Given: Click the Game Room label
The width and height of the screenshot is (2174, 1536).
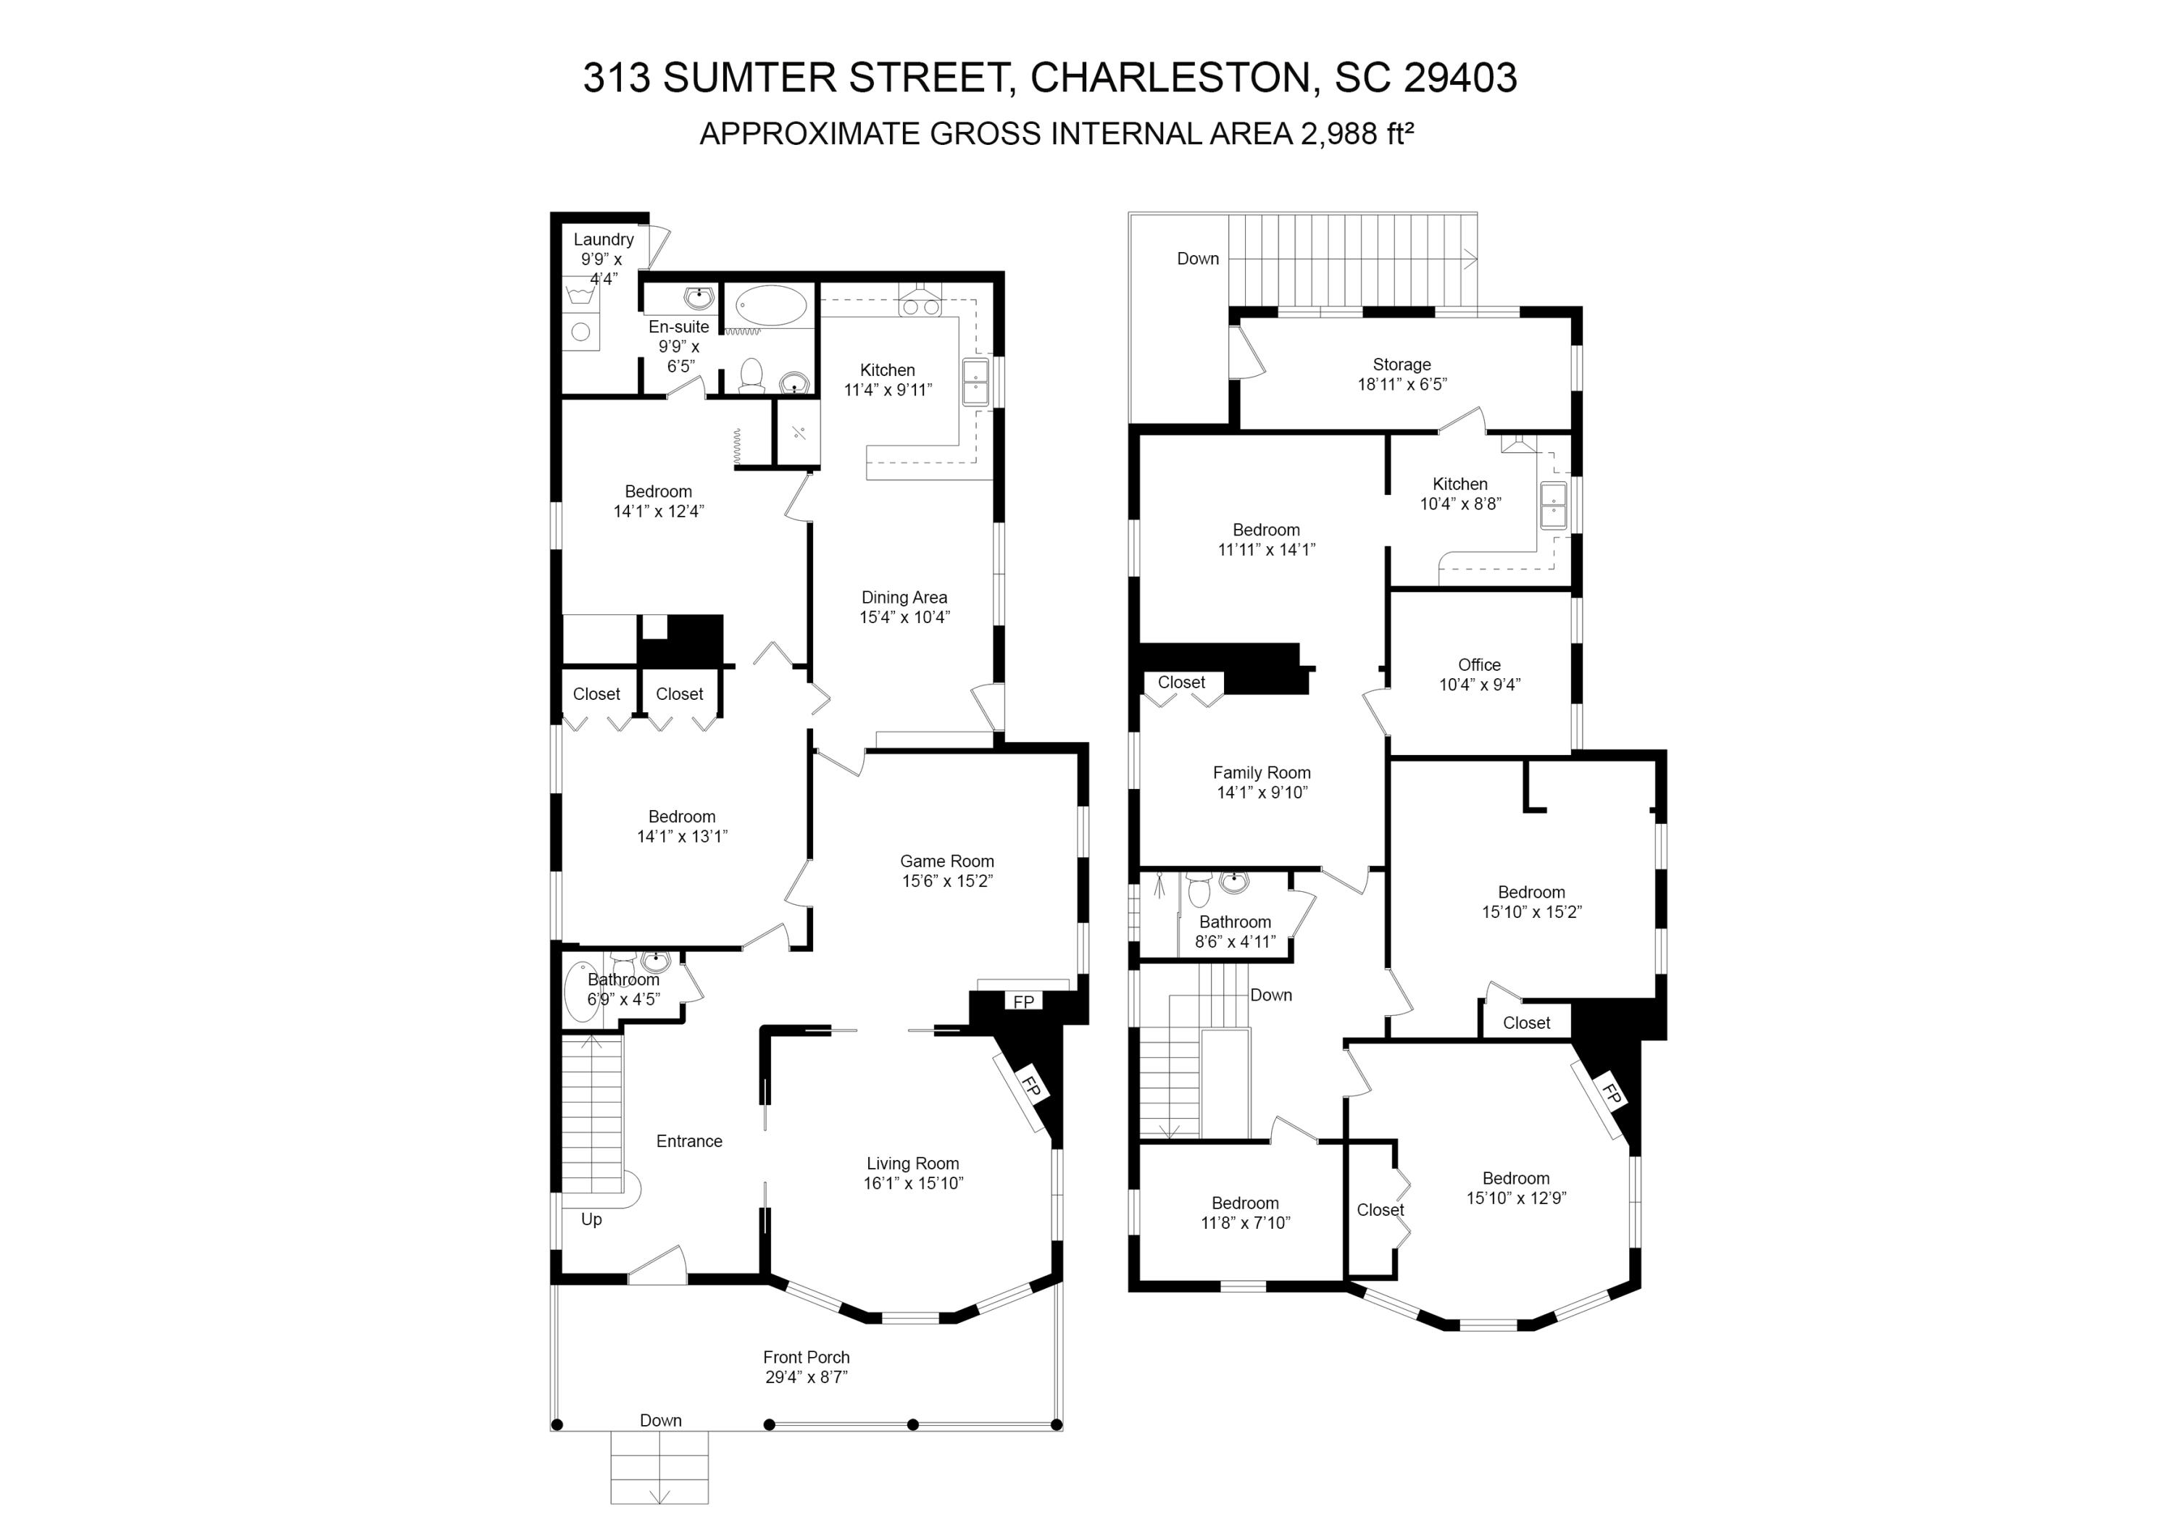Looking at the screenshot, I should [x=947, y=861].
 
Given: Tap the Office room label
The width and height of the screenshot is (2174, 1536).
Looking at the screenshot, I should [x=1479, y=664].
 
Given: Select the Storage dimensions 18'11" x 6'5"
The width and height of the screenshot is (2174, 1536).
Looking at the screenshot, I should [x=1402, y=384].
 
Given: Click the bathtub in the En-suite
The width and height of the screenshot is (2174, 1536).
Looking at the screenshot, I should [x=772, y=306].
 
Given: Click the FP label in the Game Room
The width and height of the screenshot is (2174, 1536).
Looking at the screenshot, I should [x=1023, y=1001].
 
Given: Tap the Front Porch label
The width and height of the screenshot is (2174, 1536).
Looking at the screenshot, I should [x=806, y=1357].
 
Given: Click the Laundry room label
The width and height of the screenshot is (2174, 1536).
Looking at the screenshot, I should [x=603, y=239].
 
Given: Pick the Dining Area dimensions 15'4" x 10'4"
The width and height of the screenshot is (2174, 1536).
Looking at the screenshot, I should [x=904, y=617].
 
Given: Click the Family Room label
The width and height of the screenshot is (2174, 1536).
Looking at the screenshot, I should [x=1261, y=772].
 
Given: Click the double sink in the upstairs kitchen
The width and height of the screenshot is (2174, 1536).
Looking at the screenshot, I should [x=1554, y=504].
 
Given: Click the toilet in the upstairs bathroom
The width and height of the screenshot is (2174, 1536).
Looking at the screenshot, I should [x=1199, y=889].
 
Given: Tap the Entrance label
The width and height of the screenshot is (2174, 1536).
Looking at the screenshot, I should [x=688, y=1141].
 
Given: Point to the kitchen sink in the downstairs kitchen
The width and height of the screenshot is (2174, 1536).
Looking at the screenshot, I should [x=975, y=380].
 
